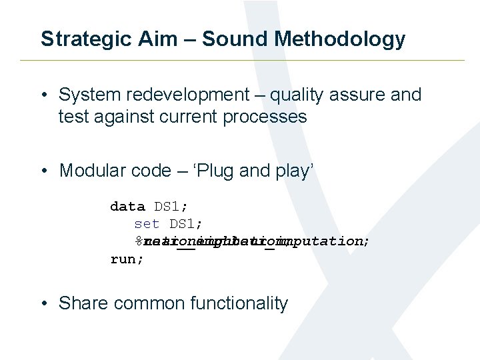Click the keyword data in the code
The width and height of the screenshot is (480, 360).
127,207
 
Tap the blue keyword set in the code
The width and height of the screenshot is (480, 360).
147,224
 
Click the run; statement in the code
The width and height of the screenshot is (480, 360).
127,259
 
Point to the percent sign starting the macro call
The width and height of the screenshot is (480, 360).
139,241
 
